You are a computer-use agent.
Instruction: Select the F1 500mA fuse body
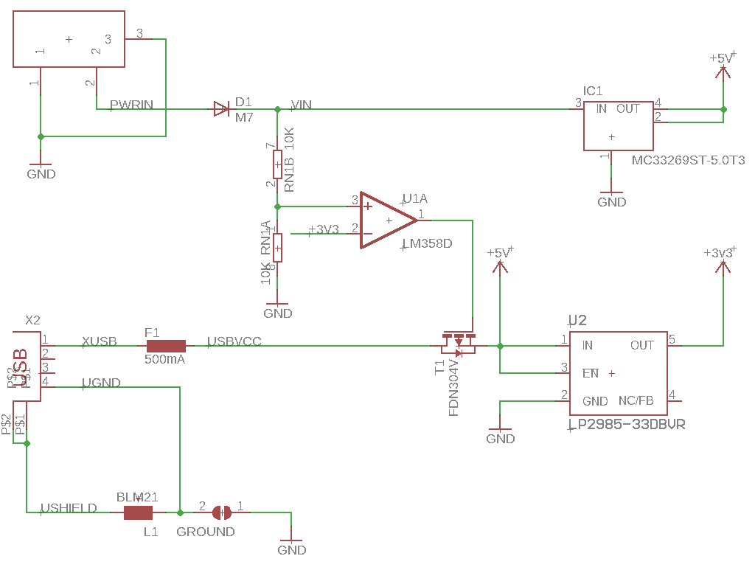click(166, 345)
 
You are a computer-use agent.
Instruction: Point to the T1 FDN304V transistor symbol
click(459, 342)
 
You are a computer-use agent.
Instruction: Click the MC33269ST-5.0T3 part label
click(688, 160)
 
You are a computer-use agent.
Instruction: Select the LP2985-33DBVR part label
click(627, 425)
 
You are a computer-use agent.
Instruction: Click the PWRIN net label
click(131, 105)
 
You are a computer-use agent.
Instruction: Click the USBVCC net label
click(234, 341)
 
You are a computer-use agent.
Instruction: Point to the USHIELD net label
click(69, 508)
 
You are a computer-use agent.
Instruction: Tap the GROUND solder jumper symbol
click(221, 512)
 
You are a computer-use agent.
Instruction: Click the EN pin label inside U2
click(591, 373)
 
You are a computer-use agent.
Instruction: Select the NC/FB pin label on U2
click(636, 401)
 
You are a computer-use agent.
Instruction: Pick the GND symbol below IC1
click(611, 196)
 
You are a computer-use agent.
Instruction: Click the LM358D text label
click(427, 243)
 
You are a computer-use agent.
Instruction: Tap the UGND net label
click(102, 382)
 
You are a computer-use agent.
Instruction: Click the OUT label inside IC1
click(628, 108)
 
